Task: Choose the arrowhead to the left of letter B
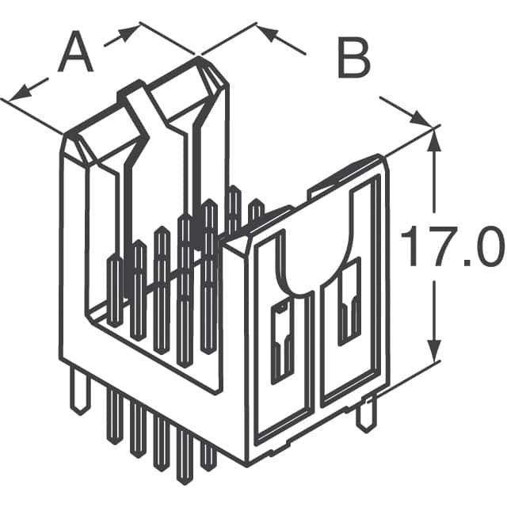pyautogui.click(x=265, y=33)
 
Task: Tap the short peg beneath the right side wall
pyautogui.click(x=365, y=416)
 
